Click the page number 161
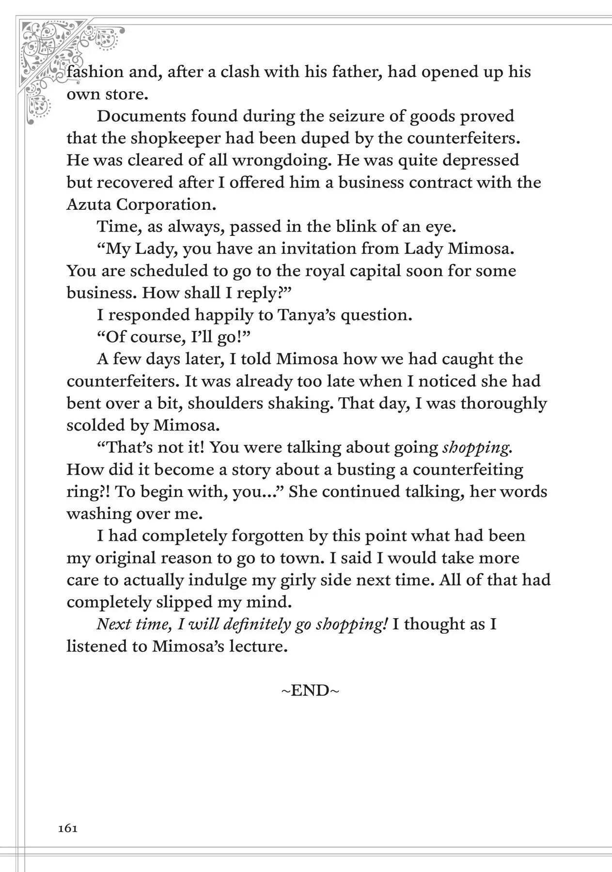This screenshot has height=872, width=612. (x=68, y=828)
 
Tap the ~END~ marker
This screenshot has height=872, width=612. (x=310, y=690)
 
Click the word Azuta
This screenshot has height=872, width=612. (x=89, y=204)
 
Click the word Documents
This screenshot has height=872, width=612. (x=141, y=116)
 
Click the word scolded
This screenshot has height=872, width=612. (x=96, y=425)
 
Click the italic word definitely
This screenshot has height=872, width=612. (x=257, y=624)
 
